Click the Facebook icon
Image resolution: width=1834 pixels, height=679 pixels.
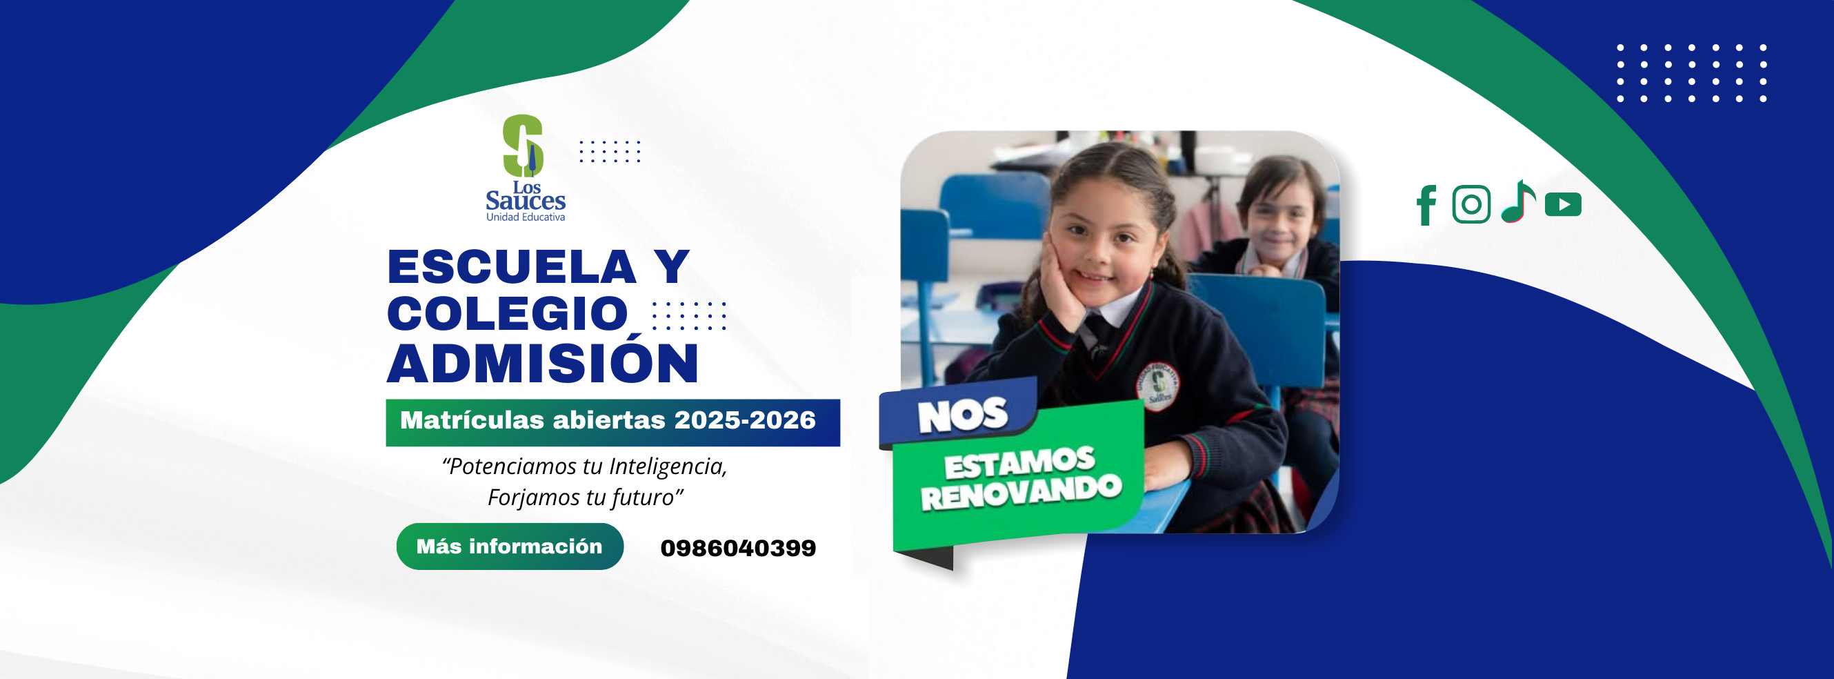(x=1426, y=205)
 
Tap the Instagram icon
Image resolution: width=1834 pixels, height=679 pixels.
(x=1472, y=204)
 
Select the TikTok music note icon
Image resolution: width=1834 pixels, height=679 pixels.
(x=1518, y=201)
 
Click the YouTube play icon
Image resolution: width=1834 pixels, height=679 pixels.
(x=1564, y=204)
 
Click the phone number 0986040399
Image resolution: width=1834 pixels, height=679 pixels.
(x=738, y=548)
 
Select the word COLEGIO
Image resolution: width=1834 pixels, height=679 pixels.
(x=508, y=313)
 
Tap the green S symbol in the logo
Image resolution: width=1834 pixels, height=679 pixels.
(x=524, y=146)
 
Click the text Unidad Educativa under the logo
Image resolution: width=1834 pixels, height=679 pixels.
(x=526, y=217)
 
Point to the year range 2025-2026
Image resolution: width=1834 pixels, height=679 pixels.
(x=745, y=420)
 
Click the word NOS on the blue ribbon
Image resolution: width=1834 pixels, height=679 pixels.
(x=963, y=415)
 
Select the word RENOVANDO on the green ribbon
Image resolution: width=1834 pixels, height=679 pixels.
(x=1021, y=492)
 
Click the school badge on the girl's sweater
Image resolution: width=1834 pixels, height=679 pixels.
(x=1157, y=386)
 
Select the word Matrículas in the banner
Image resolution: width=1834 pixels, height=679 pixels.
(x=472, y=420)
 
